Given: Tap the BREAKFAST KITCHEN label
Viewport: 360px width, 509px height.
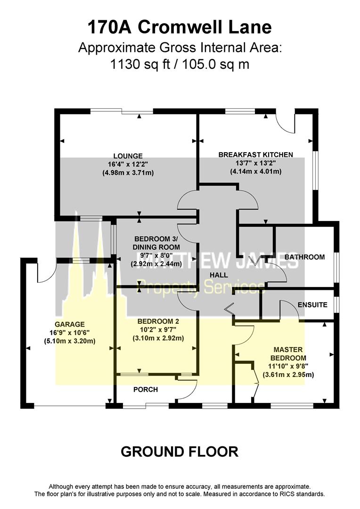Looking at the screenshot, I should click(255, 155).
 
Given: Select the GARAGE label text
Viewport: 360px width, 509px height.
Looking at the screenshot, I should click(69, 324).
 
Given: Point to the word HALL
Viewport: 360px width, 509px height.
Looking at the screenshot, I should click(219, 275).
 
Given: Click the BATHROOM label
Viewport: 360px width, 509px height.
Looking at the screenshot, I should click(304, 257).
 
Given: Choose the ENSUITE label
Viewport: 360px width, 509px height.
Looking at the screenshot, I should click(312, 305).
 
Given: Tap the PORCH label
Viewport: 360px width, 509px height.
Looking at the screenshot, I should click(146, 389).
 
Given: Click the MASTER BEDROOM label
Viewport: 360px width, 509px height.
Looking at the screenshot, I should click(288, 353).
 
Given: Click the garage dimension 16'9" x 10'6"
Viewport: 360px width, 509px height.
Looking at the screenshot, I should click(69, 333).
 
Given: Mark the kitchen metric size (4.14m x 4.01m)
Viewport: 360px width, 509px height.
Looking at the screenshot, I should click(255, 172).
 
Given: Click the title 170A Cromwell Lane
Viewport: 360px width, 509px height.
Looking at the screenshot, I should click(180, 27).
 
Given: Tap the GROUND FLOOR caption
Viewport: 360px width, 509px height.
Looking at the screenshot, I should click(180, 452).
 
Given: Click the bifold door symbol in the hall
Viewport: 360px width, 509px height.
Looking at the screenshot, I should click(229, 309).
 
